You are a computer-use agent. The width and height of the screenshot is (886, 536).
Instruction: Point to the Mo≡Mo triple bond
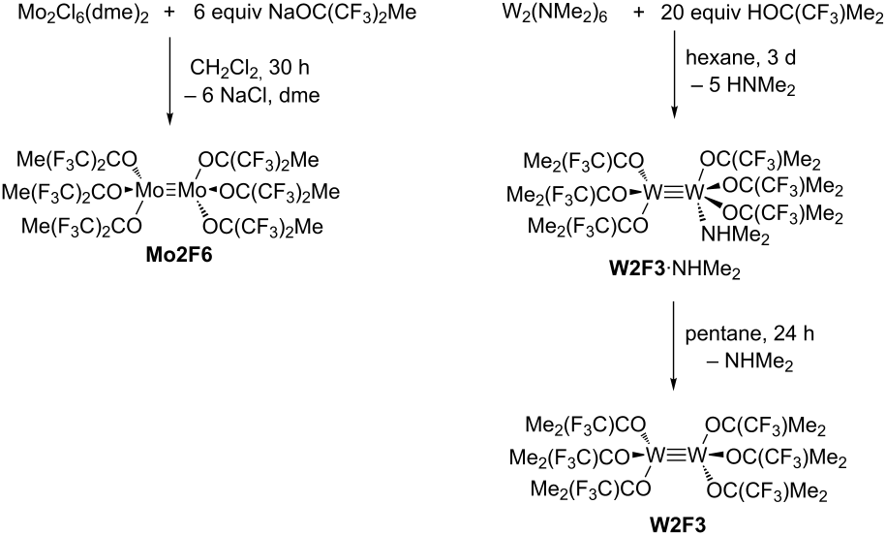point(170,191)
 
